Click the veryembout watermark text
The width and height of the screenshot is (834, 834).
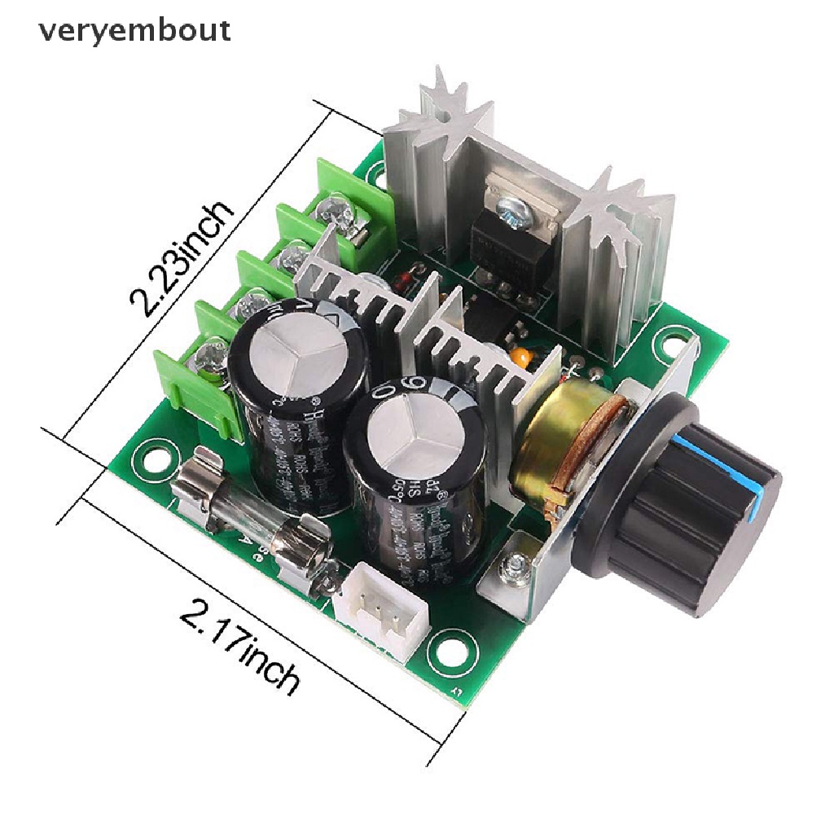coord(134,31)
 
